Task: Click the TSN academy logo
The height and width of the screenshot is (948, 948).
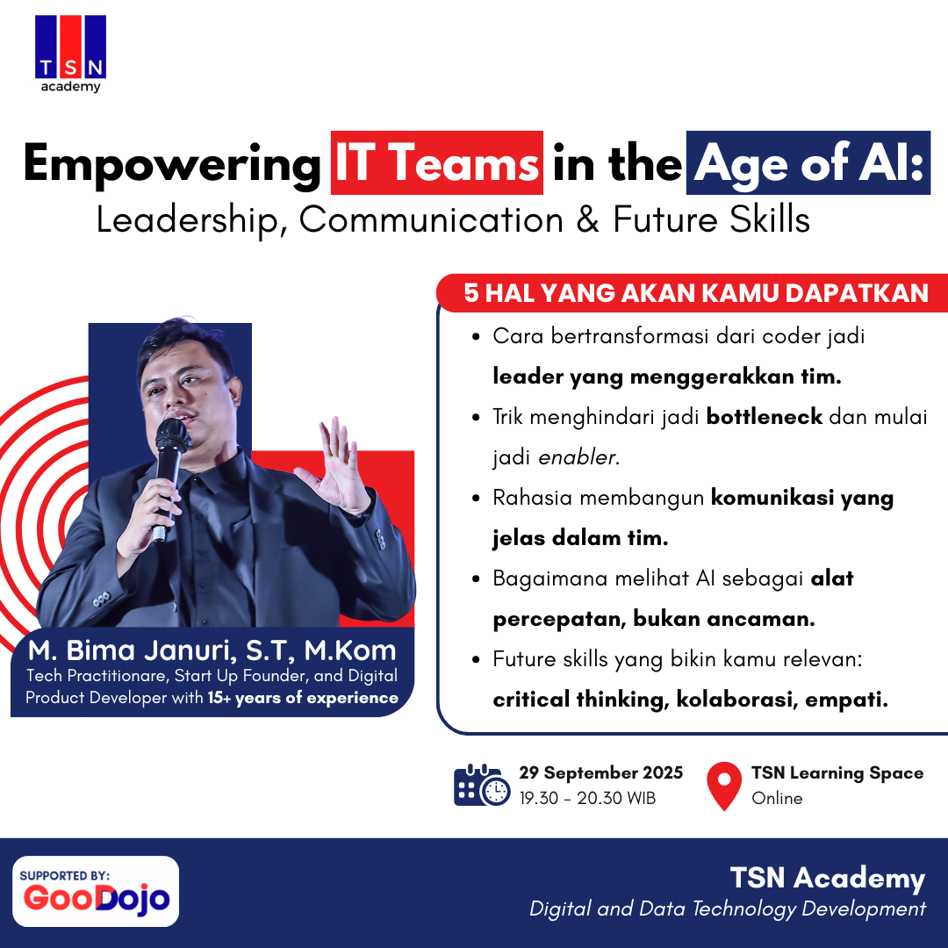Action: tap(71, 54)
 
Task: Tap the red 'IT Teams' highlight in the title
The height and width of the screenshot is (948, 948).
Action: tap(436, 162)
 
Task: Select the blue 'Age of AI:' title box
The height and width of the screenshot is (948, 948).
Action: tap(808, 162)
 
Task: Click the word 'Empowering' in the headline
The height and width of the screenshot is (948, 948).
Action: tap(172, 164)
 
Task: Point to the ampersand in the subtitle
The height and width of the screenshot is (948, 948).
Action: tap(587, 219)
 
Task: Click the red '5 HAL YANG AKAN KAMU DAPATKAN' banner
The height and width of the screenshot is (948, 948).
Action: tap(693, 293)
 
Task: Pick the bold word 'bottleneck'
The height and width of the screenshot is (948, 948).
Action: tap(765, 417)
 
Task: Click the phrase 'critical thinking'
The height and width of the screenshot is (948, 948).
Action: tap(581, 700)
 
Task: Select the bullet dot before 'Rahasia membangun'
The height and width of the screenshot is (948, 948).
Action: tap(477, 499)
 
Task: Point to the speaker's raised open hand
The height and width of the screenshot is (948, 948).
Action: tap(340, 464)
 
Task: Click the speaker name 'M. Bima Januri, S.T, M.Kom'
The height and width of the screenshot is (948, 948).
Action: tap(212, 650)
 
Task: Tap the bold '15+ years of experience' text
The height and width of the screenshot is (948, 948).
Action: tap(303, 698)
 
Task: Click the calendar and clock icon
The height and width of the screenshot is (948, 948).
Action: tap(482, 785)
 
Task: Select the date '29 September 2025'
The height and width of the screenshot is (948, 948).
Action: tap(601, 772)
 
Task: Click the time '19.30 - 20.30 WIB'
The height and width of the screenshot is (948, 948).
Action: tap(587, 798)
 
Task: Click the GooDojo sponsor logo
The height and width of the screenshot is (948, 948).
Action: tap(96, 891)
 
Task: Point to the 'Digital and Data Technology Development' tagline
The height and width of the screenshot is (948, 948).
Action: tap(728, 908)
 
